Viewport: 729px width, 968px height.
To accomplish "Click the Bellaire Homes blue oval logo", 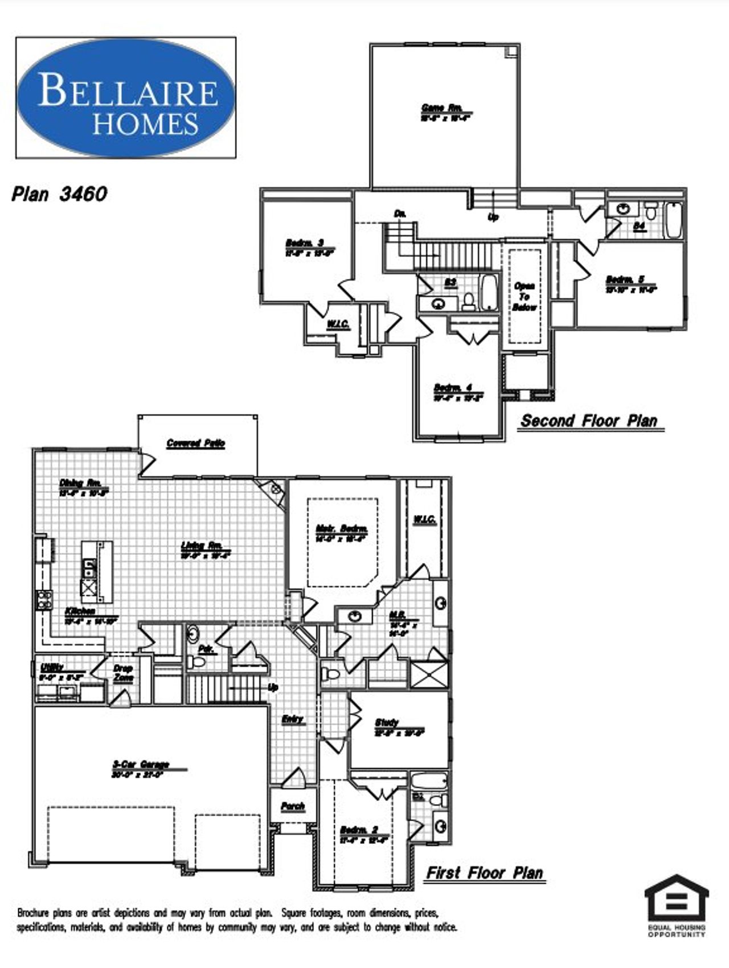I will (126, 98).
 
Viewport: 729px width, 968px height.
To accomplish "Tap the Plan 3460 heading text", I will (59, 194).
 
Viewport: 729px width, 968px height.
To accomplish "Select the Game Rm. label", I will (441, 108).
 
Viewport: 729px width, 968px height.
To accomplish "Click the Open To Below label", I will (524, 296).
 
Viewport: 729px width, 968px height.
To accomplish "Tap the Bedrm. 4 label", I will (453, 388).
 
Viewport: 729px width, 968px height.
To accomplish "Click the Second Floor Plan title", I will (589, 421).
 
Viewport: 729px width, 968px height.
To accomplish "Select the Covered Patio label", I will (195, 443).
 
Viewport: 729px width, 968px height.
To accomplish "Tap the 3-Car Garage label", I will (140, 764).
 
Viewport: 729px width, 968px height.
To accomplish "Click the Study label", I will (387, 722).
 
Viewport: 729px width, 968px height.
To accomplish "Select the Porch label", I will (293, 806).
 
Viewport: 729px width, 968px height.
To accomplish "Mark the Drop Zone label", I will (123, 673).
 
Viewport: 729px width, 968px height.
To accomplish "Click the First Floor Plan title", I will (485, 872).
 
